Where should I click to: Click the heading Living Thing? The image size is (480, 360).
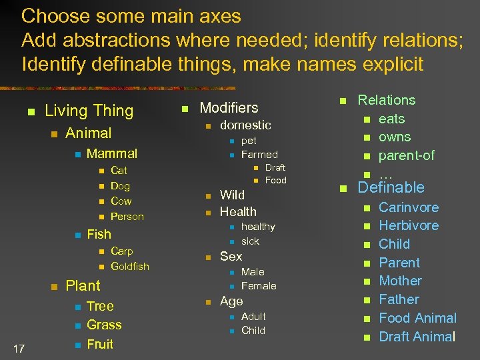89,111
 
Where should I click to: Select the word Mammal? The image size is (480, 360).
112,153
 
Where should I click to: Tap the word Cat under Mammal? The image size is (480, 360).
119,171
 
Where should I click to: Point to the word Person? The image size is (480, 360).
127,217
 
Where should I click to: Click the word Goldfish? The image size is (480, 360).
129,267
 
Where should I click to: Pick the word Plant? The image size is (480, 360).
83,286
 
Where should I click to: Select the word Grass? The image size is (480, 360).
104,325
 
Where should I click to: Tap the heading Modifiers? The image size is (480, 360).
229,107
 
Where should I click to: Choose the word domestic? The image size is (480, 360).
245,125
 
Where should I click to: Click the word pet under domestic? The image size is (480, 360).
249,141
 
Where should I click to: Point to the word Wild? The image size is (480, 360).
232,195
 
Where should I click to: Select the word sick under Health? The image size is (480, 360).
250,241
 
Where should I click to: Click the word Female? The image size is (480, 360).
258,286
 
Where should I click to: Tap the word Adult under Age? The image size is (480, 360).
253,317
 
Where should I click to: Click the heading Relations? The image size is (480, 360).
386,100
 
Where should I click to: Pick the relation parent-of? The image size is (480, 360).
406,155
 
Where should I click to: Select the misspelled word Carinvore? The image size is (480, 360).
409,207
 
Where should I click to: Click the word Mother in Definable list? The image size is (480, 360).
400,281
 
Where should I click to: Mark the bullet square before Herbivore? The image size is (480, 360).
365,227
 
